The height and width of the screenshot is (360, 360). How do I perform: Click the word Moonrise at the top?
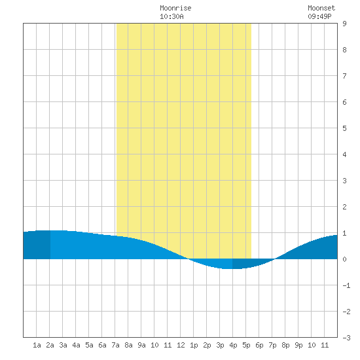(175, 8)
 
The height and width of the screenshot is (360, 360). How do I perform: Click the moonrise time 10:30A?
(171, 16)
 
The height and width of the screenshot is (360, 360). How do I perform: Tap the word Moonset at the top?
(321, 8)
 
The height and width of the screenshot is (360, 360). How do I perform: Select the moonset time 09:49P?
(319, 16)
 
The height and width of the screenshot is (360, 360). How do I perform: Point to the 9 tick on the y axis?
(344, 24)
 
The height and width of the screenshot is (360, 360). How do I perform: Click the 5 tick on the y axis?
(344, 128)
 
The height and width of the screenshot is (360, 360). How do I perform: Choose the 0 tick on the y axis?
(344, 259)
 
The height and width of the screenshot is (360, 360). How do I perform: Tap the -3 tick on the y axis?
(346, 338)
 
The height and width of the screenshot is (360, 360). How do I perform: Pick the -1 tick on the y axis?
(346, 285)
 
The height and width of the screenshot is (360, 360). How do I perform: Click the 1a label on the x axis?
(37, 345)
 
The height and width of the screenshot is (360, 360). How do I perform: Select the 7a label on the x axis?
(115, 345)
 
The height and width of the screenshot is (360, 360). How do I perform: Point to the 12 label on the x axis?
(181, 345)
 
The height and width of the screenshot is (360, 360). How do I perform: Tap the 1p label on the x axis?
(194, 345)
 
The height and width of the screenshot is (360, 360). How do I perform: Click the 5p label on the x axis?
(246, 345)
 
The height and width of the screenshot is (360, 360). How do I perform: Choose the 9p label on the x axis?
(298, 345)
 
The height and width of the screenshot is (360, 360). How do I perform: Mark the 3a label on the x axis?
(63, 345)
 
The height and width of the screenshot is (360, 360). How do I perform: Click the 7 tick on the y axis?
(344, 76)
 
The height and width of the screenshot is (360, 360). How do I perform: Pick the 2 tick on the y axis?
(344, 207)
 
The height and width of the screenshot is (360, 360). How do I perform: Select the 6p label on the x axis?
(259, 345)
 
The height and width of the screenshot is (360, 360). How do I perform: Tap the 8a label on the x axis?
(128, 345)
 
